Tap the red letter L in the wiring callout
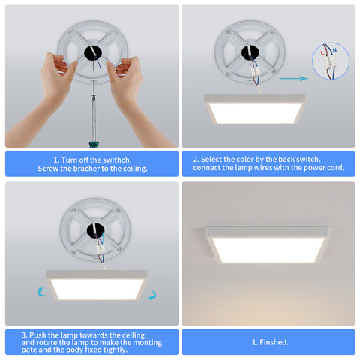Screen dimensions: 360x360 point(322,53)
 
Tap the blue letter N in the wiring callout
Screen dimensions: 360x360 point(334,51)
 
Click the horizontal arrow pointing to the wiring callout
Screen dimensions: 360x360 point(294,78)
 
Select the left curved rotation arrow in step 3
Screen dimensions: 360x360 point(40,292)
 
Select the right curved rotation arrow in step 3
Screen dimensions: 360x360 point(152,295)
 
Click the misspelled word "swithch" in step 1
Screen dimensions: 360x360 point(117,160)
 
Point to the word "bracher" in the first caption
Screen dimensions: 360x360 point(85,169)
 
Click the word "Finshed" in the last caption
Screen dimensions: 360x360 point(274,342)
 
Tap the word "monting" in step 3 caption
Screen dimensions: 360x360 point(148,342)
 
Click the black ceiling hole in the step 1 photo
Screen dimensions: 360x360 point(93,53)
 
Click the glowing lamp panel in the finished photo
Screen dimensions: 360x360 point(268,250)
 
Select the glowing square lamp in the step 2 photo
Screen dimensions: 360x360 point(255,112)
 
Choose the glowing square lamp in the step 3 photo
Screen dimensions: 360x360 point(97,289)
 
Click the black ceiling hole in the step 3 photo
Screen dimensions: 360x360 point(95,231)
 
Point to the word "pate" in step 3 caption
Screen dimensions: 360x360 point(27,349)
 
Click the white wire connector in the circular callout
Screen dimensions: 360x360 point(330,63)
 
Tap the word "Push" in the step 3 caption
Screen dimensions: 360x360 point(37,335)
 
